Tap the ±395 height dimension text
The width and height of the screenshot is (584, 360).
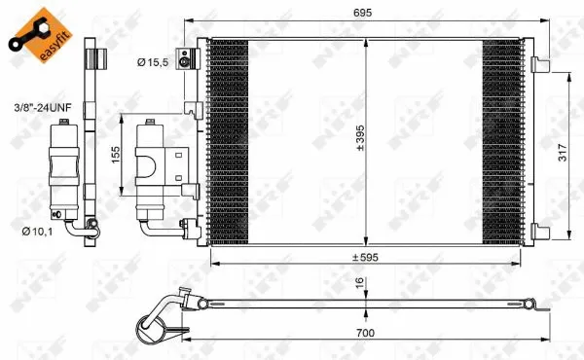click(x=360, y=143)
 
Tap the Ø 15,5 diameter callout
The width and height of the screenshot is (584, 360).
click(x=153, y=62)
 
